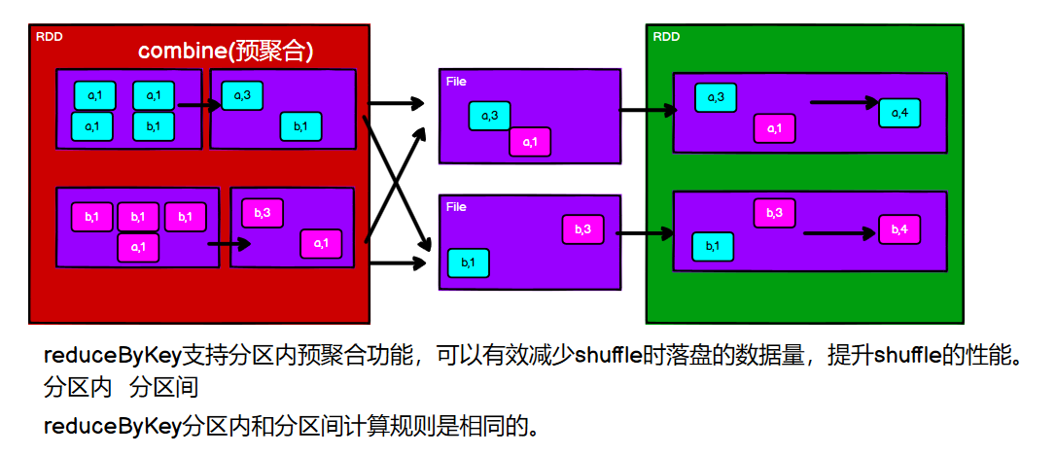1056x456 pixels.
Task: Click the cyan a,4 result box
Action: pyautogui.click(x=899, y=113)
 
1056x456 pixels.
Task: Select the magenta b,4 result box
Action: pyautogui.click(x=899, y=229)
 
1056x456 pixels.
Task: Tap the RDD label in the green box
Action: pyautogui.click(x=666, y=37)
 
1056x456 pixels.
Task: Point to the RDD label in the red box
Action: pyautogui.click(x=49, y=37)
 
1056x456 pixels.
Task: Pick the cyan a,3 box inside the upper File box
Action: pyautogui.click(x=489, y=116)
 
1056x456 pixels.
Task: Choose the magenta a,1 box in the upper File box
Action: pyautogui.click(x=530, y=142)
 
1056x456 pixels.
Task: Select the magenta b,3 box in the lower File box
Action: pyautogui.click(x=582, y=229)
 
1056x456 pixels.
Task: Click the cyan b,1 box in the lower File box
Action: pyautogui.click(x=468, y=263)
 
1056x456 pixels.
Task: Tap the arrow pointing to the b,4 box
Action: pyautogui.click(x=842, y=233)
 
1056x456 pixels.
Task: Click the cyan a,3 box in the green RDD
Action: pyautogui.click(x=715, y=97)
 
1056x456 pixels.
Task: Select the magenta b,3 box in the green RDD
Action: pyautogui.click(x=774, y=213)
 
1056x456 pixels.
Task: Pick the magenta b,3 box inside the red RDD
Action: pyautogui.click(x=263, y=213)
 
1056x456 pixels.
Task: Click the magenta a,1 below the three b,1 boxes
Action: pyautogui.click(x=138, y=247)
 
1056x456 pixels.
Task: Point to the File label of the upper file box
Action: pyautogui.click(x=456, y=82)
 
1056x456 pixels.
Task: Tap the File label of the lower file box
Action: pyautogui.click(x=456, y=207)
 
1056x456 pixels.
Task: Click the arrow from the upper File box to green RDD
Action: pyautogui.click(x=647, y=110)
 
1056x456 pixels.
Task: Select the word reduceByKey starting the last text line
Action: pyautogui.click(x=112, y=425)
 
